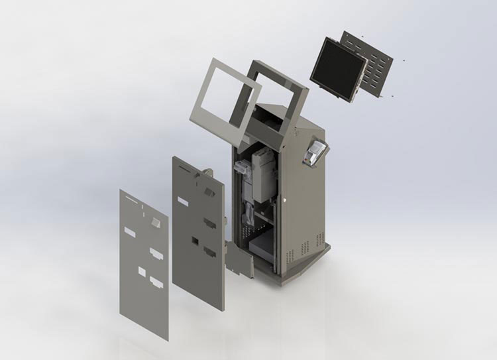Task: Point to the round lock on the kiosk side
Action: coord(284,197)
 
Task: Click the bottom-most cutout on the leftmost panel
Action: coord(157,283)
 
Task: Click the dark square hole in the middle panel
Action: coord(195,241)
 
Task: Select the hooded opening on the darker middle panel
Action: coord(209,192)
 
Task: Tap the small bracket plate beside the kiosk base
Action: coord(239,259)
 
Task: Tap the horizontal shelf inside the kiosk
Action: coord(262,215)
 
